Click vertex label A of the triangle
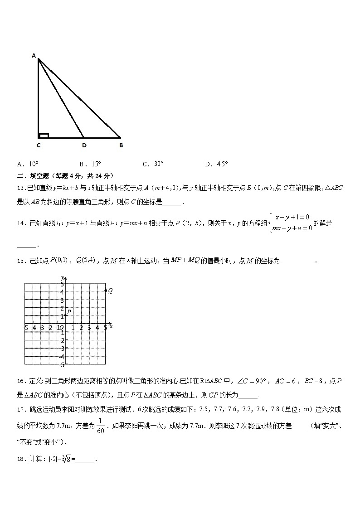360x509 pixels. [34, 56]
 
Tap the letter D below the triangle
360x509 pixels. [84, 145]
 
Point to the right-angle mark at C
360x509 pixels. [44, 135]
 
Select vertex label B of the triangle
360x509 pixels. [121, 145]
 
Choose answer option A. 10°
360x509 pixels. [28, 164]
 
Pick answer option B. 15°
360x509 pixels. [90, 164]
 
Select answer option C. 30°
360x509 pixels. [153, 164]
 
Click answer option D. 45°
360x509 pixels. [216, 164]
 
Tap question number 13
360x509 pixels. [21, 188]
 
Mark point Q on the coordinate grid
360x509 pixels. [106, 291]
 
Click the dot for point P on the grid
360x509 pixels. [66, 315]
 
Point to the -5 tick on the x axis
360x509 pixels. [25, 327]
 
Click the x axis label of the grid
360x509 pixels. [111, 326]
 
